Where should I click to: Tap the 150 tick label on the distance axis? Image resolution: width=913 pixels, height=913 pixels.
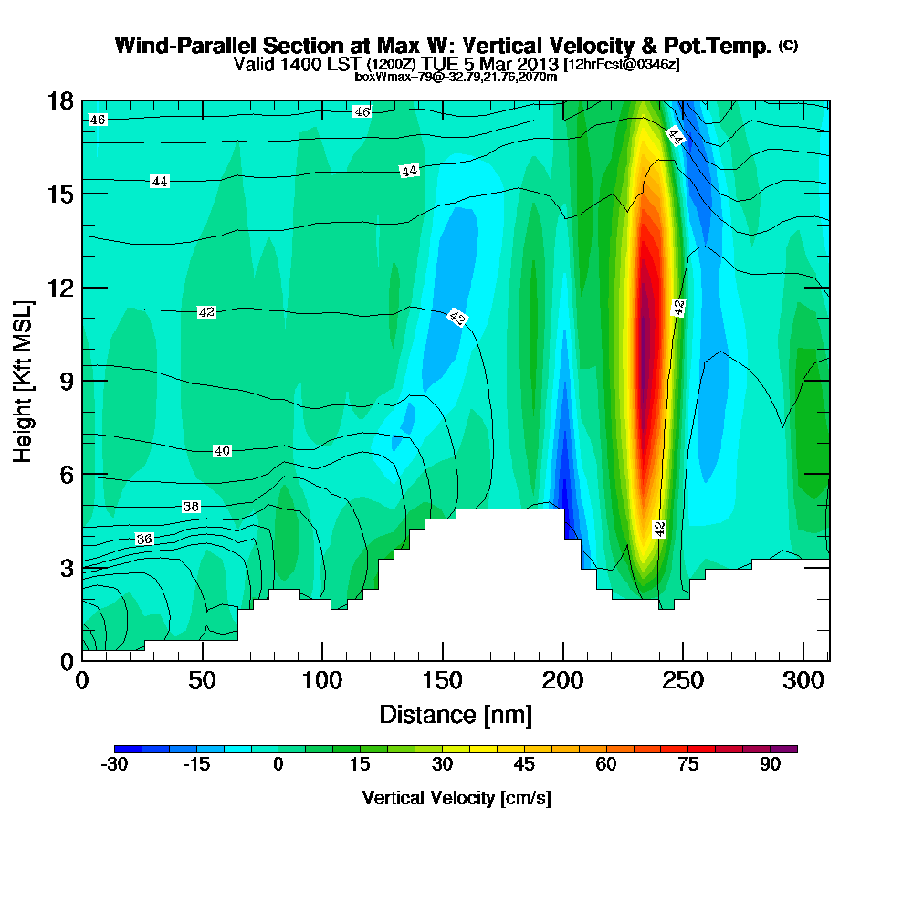coord(443,681)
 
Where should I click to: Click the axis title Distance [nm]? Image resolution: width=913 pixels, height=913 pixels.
coord(456,714)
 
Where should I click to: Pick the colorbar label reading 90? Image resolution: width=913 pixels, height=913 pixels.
coord(771,765)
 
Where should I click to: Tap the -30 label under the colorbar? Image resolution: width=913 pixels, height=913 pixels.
coord(114,765)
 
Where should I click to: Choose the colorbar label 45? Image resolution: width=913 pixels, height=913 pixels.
coord(524,765)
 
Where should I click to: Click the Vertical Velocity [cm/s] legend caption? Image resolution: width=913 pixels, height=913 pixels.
coord(456,798)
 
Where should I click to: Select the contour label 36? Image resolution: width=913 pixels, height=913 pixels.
coord(143,540)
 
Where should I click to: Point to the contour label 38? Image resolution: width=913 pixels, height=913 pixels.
coord(191,507)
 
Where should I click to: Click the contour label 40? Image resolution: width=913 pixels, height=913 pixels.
coord(222,451)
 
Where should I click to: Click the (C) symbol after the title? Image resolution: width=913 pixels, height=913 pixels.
coord(788,46)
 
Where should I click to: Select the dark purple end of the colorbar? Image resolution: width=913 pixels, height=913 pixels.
coord(791,749)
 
